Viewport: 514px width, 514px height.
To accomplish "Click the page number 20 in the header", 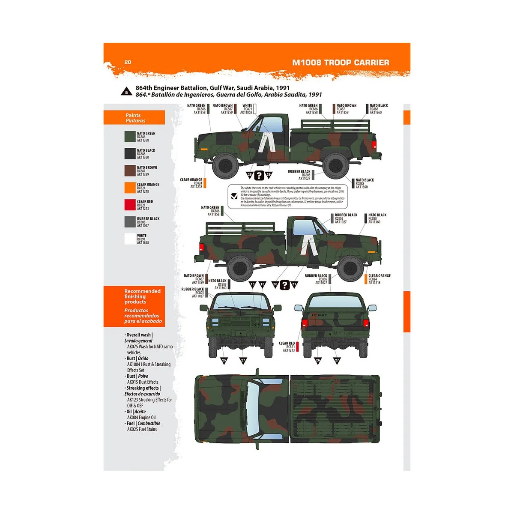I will click(128, 62).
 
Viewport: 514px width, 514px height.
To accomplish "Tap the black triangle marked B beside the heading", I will click(126, 92).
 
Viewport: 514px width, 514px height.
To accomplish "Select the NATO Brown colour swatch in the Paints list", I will click(130, 170).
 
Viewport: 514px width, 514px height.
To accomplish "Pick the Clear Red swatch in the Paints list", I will click(130, 205).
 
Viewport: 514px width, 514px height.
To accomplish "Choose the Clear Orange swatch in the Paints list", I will click(130, 188).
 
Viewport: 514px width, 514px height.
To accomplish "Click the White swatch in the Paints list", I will click(130, 239).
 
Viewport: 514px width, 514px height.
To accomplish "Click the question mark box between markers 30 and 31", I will click(285, 284).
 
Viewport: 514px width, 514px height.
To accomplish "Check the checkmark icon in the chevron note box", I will click(234, 196).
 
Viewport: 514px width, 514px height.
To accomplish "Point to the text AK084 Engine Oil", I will click(141, 417).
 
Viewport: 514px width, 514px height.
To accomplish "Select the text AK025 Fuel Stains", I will click(142, 429).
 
